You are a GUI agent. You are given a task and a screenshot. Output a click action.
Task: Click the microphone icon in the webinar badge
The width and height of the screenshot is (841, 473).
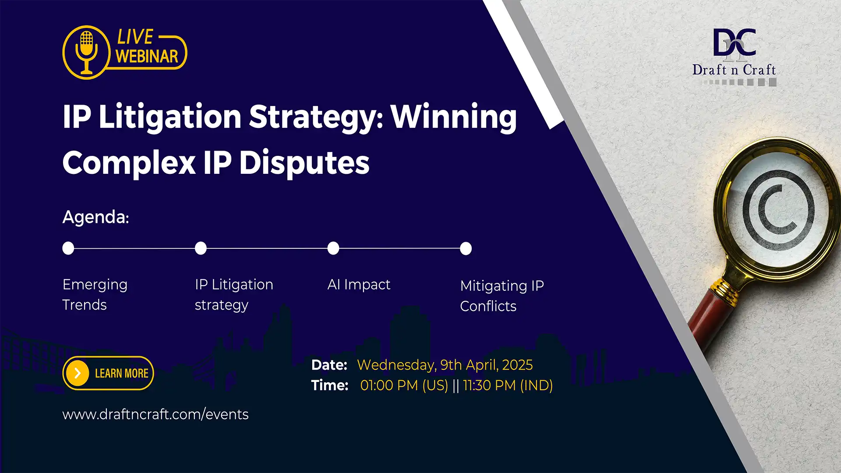pyautogui.click(x=86, y=52)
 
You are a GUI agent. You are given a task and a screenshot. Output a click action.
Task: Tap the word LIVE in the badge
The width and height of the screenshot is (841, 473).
pyautogui.click(x=135, y=37)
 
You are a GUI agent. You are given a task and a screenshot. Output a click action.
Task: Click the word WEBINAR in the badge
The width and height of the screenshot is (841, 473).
pyautogui.click(x=147, y=56)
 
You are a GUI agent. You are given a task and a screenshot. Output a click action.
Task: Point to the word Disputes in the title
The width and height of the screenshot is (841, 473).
pyautogui.click(x=304, y=163)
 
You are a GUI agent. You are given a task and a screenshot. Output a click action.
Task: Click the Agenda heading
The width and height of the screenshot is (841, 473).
pyautogui.click(x=95, y=217)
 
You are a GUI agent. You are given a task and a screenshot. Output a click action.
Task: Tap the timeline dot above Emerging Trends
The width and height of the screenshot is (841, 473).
pyautogui.click(x=68, y=248)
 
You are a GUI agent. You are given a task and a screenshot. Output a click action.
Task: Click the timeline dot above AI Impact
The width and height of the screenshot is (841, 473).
pyautogui.click(x=333, y=248)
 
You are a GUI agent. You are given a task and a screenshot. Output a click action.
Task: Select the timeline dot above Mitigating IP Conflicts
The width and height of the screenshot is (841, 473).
pyautogui.click(x=466, y=248)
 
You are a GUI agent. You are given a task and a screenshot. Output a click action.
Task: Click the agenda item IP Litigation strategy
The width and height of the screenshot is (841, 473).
pyautogui.click(x=233, y=294)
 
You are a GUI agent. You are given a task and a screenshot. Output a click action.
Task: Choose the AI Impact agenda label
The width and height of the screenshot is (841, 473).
pyautogui.click(x=358, y=285)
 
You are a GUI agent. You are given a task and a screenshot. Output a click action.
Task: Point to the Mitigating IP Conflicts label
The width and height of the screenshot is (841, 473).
pyautogui.click(x=502, y=296)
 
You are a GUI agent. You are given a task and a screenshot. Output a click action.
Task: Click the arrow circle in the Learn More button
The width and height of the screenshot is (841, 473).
pyautogui.click(x=78, y=373)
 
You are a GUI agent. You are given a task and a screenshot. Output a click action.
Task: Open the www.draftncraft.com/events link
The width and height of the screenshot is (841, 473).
pyautogui.click(x=155, y=414)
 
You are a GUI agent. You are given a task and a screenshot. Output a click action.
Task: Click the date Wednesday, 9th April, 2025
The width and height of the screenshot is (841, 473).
pyautogui.click(x=445, y=365)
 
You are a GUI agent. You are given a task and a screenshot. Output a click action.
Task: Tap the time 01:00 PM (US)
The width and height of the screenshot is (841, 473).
pyautogui.click(x=404, y=385)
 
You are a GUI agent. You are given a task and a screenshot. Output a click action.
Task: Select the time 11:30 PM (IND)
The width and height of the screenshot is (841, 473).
pyautogui.click(x=508, y=385)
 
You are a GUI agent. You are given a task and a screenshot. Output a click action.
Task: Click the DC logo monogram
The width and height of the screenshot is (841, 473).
pyautogui.click(x=734, y=43)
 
